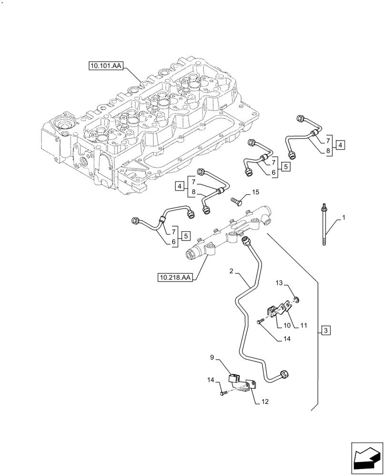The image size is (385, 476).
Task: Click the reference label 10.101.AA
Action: point(105,66)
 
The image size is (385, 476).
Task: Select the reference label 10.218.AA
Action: point(175,276)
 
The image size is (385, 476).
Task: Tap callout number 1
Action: point(344,218)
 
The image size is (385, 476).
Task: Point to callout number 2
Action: point(231,271)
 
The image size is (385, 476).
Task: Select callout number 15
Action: point(255,192)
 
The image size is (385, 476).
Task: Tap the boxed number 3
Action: point(325,330)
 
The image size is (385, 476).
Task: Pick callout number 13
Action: point(279,284)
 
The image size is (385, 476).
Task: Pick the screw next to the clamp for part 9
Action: point(223,393)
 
